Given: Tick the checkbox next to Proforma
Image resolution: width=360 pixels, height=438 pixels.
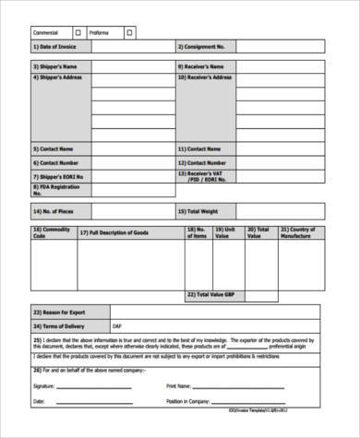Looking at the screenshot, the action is (x=129, y=31).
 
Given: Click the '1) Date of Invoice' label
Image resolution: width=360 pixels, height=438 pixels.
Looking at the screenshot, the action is (x=54, y=45).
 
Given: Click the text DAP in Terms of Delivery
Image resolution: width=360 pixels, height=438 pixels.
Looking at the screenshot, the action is (x=116, y=326).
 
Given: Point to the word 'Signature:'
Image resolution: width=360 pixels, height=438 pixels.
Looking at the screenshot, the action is (x=43, y=385).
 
